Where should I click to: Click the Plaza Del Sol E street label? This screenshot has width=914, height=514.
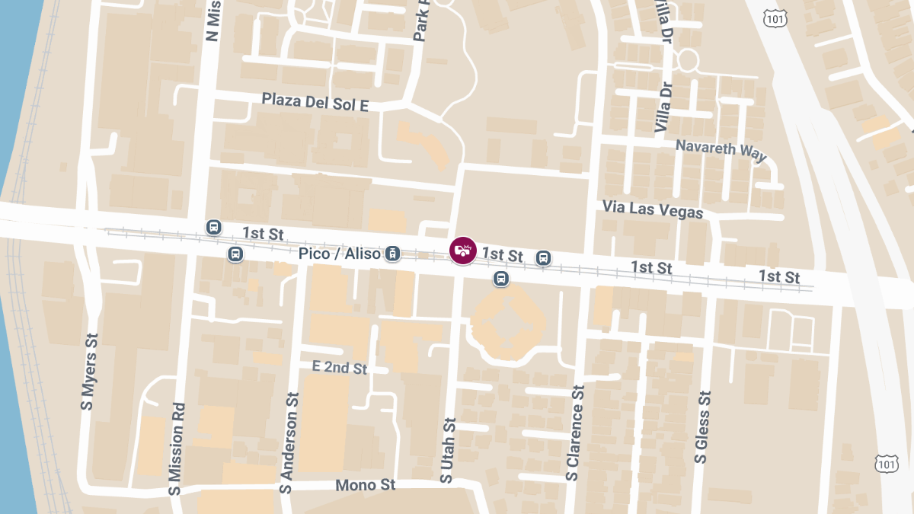coord(315,102)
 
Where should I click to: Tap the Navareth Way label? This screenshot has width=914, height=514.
coord(721,148)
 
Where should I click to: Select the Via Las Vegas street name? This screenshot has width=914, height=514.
coord(652,209)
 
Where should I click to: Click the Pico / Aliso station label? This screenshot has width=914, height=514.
coord(339,254)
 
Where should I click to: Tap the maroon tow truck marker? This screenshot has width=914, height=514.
coord(462,251)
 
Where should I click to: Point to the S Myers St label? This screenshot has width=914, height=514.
coord(89,372)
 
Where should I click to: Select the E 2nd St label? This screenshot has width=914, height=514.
coord(340,367)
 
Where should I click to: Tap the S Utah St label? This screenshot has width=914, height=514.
coord(447,449)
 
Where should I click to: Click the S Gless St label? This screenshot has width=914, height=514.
coord(701,427)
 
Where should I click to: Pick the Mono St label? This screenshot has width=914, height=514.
coord(366,485)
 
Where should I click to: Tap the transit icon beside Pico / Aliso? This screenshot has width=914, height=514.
coord(392,254)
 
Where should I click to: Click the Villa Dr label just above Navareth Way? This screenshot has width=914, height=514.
coord(664,109)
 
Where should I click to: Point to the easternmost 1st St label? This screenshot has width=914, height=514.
coord(779,276)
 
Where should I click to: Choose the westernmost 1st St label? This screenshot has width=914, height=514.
coord(263,233)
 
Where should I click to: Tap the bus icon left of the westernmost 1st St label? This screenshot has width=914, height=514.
coord(214,227)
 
